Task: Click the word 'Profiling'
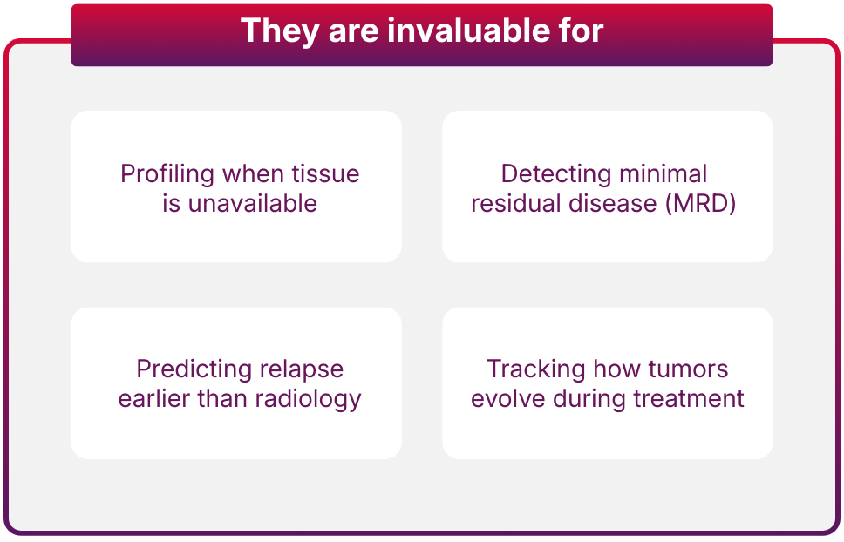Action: click(x=167, y=175)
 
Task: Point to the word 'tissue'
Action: click(x=325, y=173)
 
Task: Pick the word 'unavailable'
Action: click(x=253, y=203)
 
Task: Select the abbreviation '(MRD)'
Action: click(x=701, y=204)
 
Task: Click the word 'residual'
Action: click(x=515, y=203)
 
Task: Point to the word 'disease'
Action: click(x=613, y=203)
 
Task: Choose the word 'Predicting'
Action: click(x=194, y=370)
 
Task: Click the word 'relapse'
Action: click(x=302, y=370)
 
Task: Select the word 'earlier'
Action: click(x=154, y=398)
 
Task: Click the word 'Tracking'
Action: click(x=536, y=370)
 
